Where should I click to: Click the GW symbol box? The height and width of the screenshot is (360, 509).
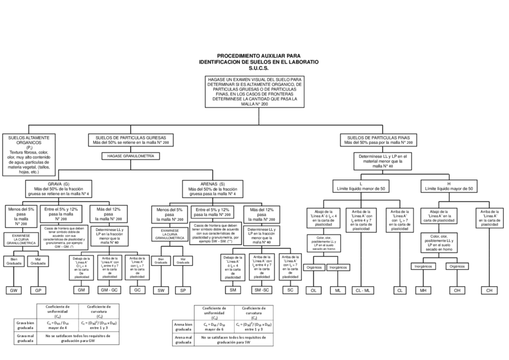pyautogui.click(x=13, y=290)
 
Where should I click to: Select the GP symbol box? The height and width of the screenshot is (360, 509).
pyautogui.click(x=38, y=290)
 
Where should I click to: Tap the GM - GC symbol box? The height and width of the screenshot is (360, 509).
pyautogui.click(x=109, y=290)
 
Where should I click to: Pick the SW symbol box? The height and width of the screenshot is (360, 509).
pyautogui.click(x=161, y=290)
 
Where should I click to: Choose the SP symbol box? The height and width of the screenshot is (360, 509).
pyautogui.click(x=182, y=290)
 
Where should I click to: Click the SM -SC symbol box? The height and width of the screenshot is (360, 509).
pyautogui.click(x=262, y=290)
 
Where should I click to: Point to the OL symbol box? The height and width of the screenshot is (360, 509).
pyautogui.click(x=313, y=290)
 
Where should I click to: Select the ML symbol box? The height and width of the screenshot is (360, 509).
pyautogui.click(x=338, y=290)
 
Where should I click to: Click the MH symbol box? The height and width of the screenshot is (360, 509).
pyautogui.click(x=423, y=290)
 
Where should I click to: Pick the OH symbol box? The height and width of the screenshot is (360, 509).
pyautogui.click(x=457, y=290)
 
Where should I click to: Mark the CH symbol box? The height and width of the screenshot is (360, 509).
pyautogui.click(x=489, y=290)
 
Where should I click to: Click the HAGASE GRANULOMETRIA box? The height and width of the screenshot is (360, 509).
pyautogui.click(x=130, y=156)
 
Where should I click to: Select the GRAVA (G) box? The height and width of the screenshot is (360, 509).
pyautogui.click(x=58, y=188)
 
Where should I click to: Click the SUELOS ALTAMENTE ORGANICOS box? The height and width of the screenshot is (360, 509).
pyautogui.click(x=29, y=154)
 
